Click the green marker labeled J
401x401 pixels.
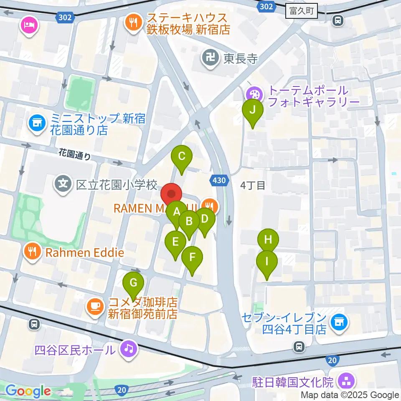pos(253,110)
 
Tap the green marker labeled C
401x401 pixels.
pos(182,157)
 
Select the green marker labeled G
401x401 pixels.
pos(133,283)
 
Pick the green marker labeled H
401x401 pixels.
pos(268,240)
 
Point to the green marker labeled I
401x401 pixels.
pos(266,262)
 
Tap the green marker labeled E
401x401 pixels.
pos(175,242)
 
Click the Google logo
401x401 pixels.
pos(28,391)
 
